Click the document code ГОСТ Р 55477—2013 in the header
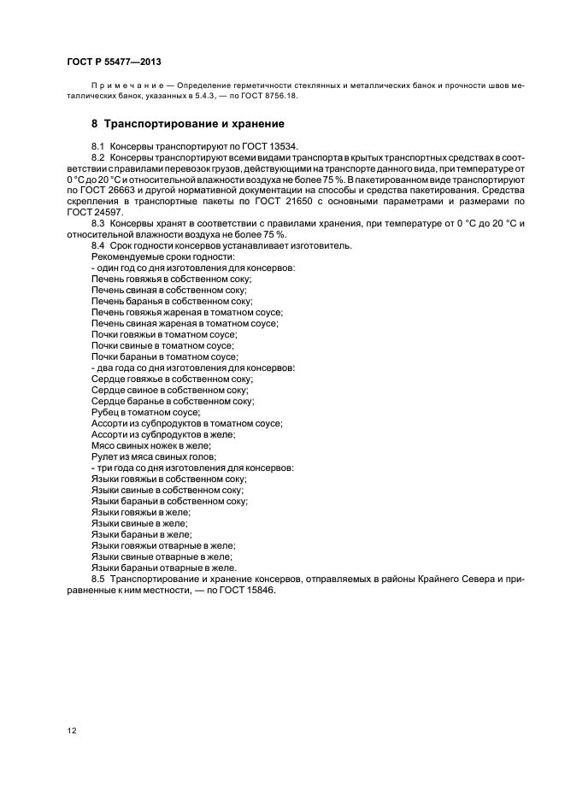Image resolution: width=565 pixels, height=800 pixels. point(114,63)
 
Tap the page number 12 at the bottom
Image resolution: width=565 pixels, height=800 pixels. point(72,731)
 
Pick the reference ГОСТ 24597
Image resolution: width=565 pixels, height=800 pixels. point(95,213)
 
